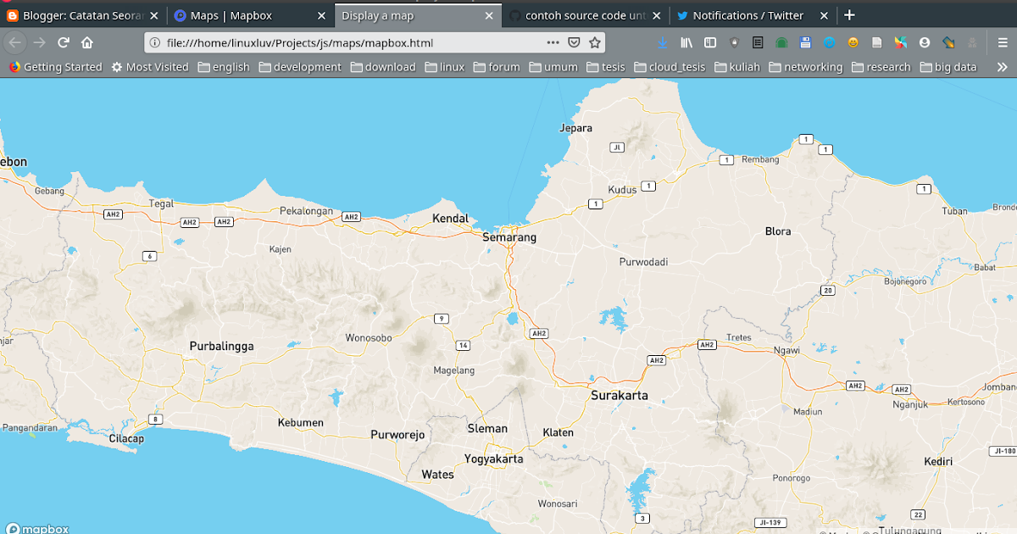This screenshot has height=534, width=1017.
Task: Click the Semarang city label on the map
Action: click(x=509, y=238)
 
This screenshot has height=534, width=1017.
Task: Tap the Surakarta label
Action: click(x=620, y=396)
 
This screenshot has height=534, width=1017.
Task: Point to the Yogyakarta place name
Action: click(x=493, y=459)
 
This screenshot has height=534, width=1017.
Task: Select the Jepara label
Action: click(x=576, y=128)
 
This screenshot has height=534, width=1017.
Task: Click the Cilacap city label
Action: click(x=126, y=439)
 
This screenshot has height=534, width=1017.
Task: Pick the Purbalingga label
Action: click(x=221, y=347)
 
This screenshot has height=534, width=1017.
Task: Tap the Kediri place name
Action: click(x=938, y=462)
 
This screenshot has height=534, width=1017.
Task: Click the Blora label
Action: click(x=777, y=231)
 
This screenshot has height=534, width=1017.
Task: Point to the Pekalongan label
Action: click(x=306, y=211)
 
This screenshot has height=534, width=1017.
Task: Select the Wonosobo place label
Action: click(x=369, y=338)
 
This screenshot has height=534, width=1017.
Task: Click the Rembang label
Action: click(x=759, y=159)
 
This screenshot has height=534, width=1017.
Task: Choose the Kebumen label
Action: click(x=301, y=423)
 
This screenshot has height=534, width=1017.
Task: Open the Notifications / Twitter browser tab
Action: click(x=747, y=15)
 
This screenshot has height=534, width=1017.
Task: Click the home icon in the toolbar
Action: click(x=87, y=42)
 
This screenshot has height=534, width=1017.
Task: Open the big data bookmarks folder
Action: click(x=948, y=67)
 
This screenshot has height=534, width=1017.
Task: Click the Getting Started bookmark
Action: click(x=56, y=67)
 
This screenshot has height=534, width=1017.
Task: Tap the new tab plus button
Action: click(x=850, y=15)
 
